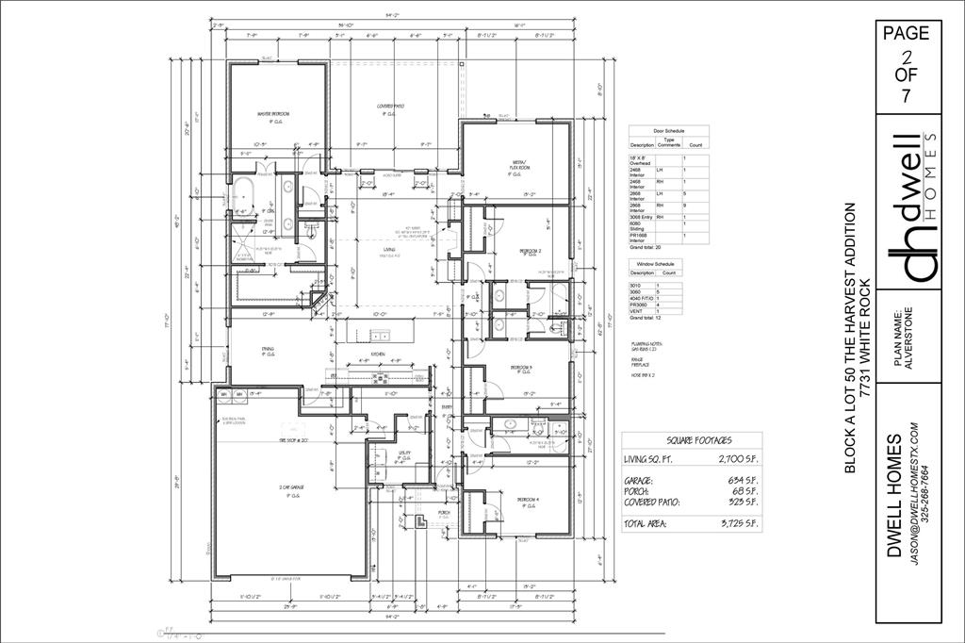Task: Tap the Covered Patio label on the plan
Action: (389, 107)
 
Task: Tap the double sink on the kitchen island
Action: (381, 335)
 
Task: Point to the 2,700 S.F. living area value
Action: (734, 458)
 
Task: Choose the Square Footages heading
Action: (699, 440)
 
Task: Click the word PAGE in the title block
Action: (906, 33)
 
